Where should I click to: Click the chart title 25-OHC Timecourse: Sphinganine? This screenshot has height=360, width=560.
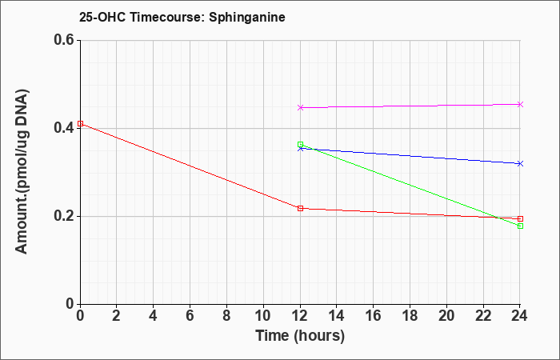(x=182, y=17)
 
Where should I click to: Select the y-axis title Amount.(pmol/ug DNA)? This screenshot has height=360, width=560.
(x=22, y=171)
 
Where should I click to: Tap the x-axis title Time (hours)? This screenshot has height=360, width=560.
(x=300, y=336)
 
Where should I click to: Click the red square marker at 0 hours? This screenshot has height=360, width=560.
(x=80, y=123)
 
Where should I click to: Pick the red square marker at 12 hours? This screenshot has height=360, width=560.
(x=300, y=208)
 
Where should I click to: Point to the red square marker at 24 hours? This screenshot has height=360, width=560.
(x=520, y=218)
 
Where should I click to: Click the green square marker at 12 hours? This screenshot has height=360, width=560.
(x=300, y=145)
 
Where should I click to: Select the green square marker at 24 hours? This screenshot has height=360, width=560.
(x=520, y=226)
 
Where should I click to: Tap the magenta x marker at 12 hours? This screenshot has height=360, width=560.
(x=300, y=107)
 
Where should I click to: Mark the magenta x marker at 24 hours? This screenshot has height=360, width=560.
(x=520, y=104)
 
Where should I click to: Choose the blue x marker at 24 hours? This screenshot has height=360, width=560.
(x=520, y=163)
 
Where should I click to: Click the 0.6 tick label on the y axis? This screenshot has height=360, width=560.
(x=64, y=40)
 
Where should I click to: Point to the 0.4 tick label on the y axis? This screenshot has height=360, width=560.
(x=64, y=128)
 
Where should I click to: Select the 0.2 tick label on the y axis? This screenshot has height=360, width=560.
(x=64, y=216)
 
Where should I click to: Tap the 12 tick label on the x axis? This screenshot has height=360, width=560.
(x=300, y=316)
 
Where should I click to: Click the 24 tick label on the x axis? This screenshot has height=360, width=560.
(x=519, y=316)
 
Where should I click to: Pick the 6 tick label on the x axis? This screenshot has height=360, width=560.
(x=190, y=316)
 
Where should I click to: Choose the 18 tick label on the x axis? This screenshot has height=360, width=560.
(x=410, y=316)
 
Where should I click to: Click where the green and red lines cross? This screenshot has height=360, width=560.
(x=497, y=218)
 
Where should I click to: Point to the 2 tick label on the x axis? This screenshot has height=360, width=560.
(x=117, y=316)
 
